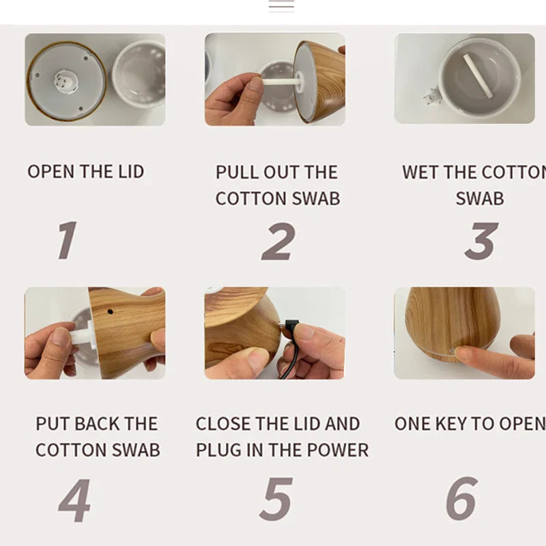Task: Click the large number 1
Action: click(67, 240)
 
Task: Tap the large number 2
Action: click(278, 242)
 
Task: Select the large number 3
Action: click(481, 242)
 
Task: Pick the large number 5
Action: click(276, 500)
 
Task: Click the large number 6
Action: click(462, 500)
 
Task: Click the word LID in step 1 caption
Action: click(129, 171)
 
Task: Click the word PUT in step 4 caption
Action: click(53, 424)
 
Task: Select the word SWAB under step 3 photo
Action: click(479, 199)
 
